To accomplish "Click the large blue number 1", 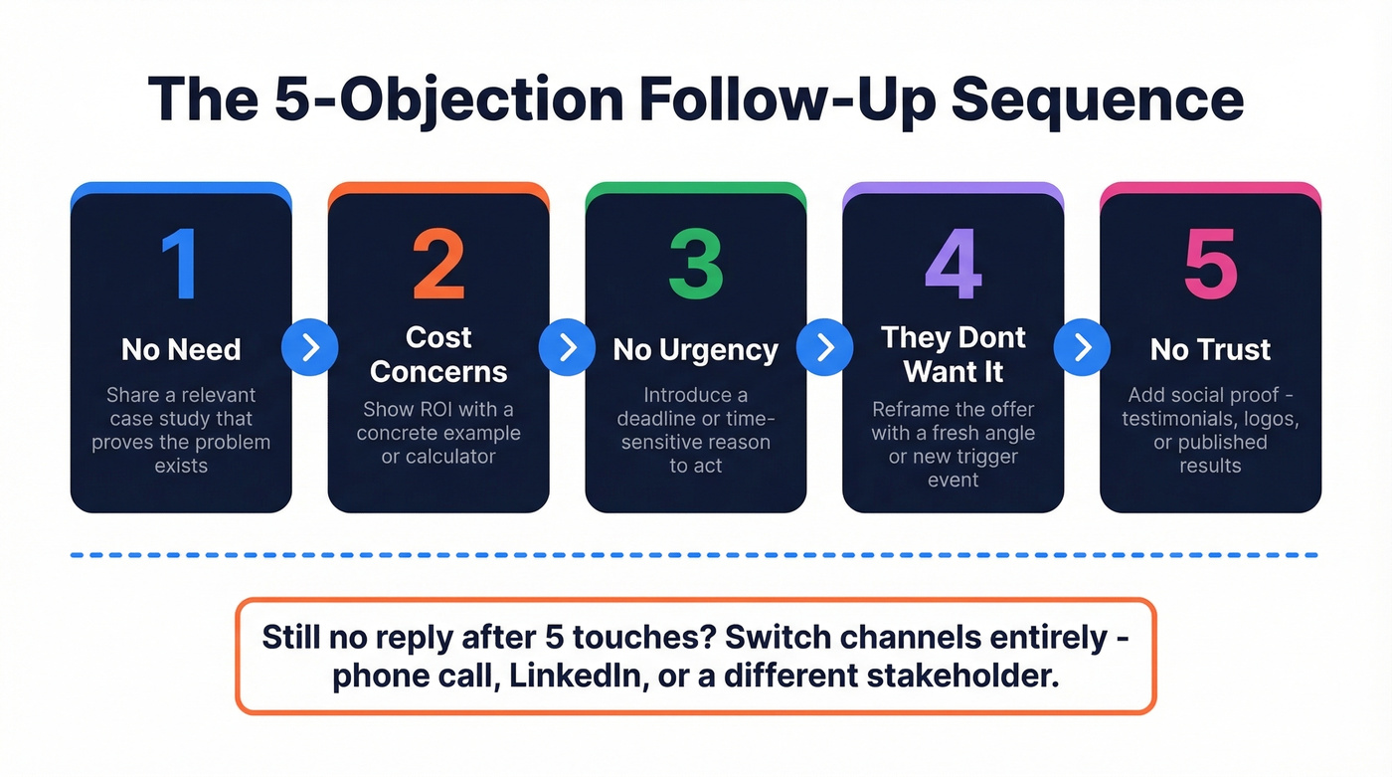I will pyautogui.click(x=181, y=264).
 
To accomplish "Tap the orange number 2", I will pyautogui.click(x=438, y=264).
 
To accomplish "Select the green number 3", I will pyautogui.click(x=695, y=264).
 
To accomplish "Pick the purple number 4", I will pyautogui.click(x=953, y=264).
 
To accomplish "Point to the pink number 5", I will pyautogui.click(x=1210, y=264).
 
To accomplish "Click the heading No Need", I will pyautogui.click(x=181, y=349).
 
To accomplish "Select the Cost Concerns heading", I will pyautogui.click(x=438, y=354).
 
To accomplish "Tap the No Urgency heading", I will pyautogui.click(x=695, y=349).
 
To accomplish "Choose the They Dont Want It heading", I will pyautogui.click(x=953, y=354).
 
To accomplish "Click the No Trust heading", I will pyautogui.click(x=1210, y=349).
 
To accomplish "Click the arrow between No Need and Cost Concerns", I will pyautogui.click(x=310, y=347).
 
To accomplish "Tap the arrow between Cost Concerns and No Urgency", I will pyautogui.click(x=568, y=347).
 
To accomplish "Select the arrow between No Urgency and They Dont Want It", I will pyautogui.click(x=825, y=347).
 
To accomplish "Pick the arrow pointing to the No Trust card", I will pyautogui.click(x=1083, y=347).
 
